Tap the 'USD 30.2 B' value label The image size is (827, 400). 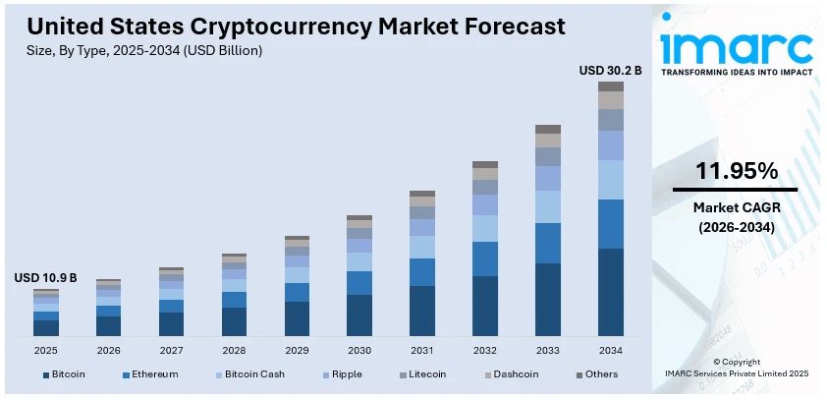click(x=610, y=71)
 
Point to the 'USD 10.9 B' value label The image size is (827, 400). click(x=45, y=279)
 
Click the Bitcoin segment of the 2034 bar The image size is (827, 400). click(x=611, y=292)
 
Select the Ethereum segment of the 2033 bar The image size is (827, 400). click(x=548, y=243)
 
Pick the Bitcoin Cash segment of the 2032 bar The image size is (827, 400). click(x=485, y=228)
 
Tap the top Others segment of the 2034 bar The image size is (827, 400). click(x=611, y=86)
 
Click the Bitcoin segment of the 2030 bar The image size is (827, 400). click(x=359, y=314)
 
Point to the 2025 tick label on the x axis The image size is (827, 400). click(x=46, y=350)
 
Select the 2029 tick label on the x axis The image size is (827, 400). click(x=297, y=350)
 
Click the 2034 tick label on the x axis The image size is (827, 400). click(x=611, y=350)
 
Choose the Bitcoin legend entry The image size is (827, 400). click(x=64, y=374)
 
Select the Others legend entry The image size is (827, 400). click(x=598, y=374)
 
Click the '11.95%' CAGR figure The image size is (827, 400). click(x=735, y=171)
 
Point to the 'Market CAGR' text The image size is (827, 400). click(x=735, y=207)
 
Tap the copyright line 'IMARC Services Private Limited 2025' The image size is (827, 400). click(x=736, y=374)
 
